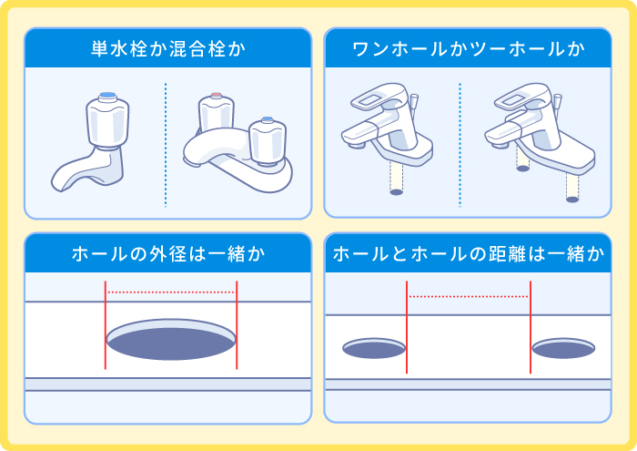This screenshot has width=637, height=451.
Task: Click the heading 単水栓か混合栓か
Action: click(x=169, y=48)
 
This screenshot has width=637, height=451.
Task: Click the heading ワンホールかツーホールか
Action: click(x=469, y=48)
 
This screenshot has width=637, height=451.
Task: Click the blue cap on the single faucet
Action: click(x=106, y=96)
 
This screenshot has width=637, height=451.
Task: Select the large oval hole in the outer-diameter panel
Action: click(x=170, y=340)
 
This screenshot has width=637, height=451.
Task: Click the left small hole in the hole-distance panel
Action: click(x=373, y=348)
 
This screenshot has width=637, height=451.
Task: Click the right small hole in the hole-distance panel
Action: click(x=563, y=348)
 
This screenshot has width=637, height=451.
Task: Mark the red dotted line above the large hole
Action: click(x=171, y=292)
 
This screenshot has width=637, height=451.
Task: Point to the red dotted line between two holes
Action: click(x=469, y=297)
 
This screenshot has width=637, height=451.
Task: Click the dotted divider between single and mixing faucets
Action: click(x=166, y=146)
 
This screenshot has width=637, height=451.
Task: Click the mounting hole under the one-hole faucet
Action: click(x=396, y=191)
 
